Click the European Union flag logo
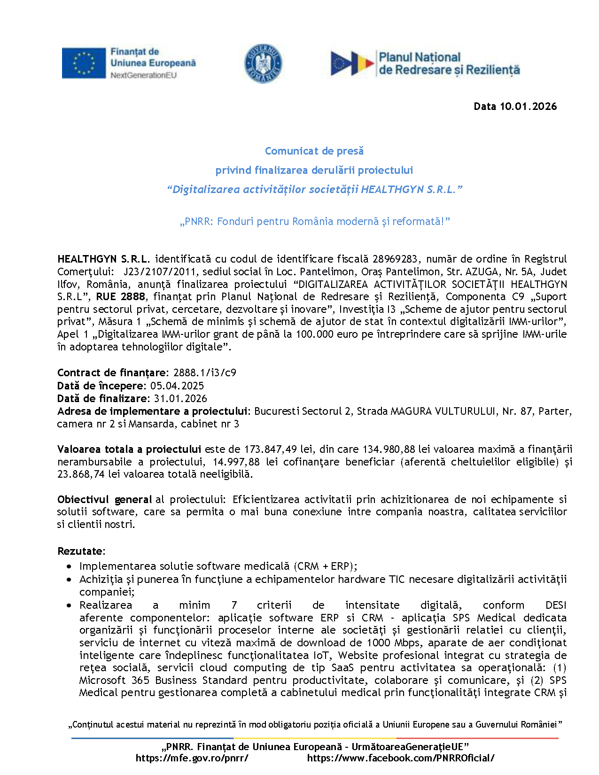pos(84,63)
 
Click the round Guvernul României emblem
pos(263,63)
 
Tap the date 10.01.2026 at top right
pos(528,107)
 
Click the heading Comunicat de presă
pos(314,151)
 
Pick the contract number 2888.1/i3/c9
pos(204,373)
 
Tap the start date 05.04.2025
pos(177,386)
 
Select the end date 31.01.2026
pos(180,399)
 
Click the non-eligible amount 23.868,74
pos(81,474)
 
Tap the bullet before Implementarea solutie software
pos(70,567)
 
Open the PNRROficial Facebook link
pos(400,758)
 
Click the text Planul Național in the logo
pos(420,57)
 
